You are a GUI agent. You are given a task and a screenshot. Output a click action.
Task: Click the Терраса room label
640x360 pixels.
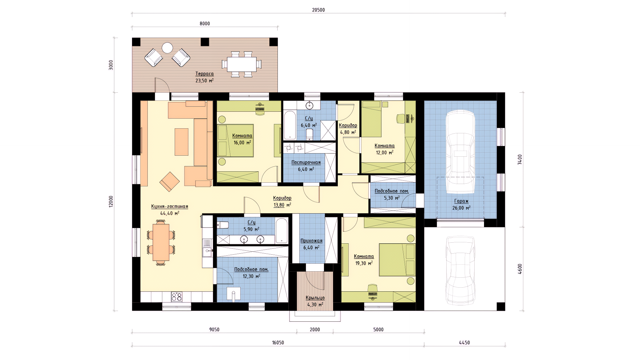(x=204, y=74)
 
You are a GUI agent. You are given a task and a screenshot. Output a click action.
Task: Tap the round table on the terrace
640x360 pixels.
(x=167, y=48)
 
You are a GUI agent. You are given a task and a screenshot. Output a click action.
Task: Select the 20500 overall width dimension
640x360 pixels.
(x=318, y=10)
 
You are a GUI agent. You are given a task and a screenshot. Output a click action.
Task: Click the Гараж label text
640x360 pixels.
(x=461, y=201)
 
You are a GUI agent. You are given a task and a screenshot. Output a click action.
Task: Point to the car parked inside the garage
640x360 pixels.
(x=460, y=152)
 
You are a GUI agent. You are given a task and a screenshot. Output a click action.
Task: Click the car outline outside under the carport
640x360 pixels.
(x=460, y=270)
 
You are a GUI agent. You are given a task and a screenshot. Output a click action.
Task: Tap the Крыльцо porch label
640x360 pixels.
(x=315, y=298)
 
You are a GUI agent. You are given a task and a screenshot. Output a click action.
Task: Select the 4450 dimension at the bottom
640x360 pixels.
(x=464, y=343)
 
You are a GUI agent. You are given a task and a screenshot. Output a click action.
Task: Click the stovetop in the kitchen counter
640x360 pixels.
(x=177, y=297)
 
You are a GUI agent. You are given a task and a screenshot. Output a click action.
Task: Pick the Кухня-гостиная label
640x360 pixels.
(x=170, y=206)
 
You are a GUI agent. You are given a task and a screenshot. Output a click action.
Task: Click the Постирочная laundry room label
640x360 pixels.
(x=306, y=162)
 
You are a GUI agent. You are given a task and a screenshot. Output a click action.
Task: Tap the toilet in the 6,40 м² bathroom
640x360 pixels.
(x=310, y=134)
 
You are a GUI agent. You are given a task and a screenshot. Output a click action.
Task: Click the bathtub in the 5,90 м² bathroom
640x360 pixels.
(x=282, y=230)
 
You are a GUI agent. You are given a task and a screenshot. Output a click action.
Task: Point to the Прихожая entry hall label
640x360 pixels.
(x=311, y=241)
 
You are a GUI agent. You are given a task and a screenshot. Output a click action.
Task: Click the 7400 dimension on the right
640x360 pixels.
(x=520, y=159)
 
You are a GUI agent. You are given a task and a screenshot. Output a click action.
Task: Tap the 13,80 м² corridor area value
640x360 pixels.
(x=282, y=205)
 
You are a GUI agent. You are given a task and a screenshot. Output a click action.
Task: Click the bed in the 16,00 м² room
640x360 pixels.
(x=235, y=140)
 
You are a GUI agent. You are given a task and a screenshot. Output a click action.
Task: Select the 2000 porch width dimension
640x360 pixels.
(x=315, y=330)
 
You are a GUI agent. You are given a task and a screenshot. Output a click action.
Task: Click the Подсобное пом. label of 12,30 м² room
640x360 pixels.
(x=251, y=269)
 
